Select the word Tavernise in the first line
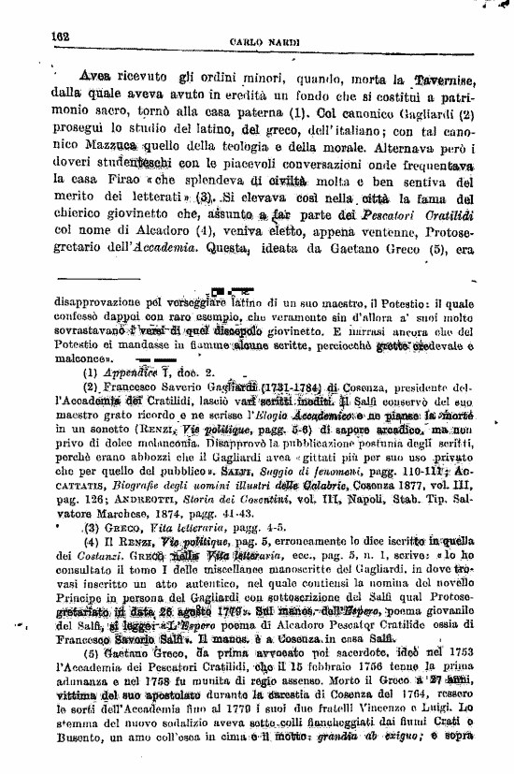click(448, 79)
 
